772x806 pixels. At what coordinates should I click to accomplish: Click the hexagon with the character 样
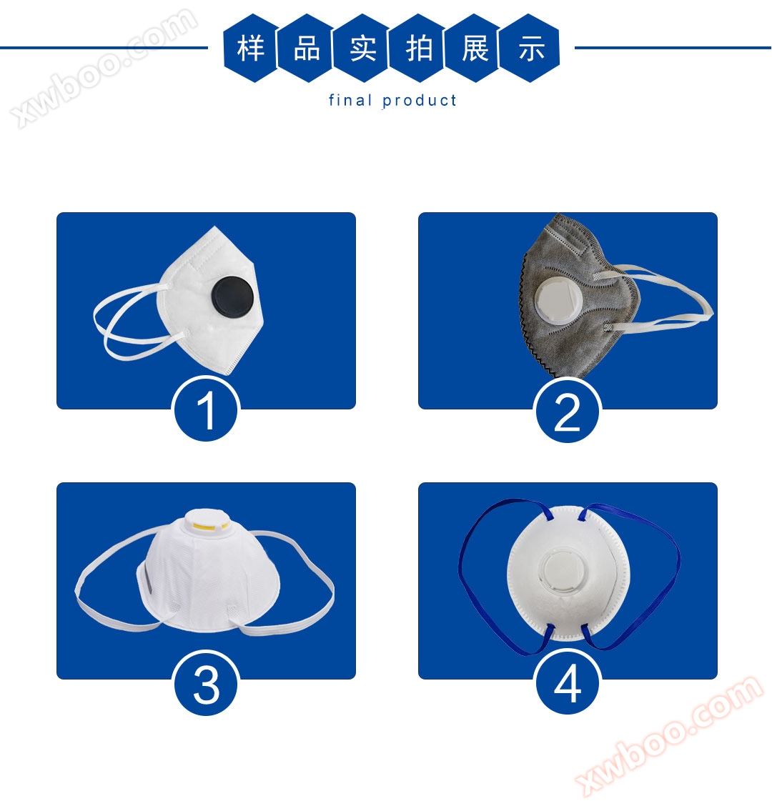[x=250, y=49]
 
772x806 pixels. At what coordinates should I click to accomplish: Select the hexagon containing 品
[x=307, y=49]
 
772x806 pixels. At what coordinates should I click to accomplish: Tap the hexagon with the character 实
[x=362, y=49]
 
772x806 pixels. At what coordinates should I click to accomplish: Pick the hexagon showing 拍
[x=419, y=49]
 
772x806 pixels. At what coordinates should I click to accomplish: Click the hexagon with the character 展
[x=475, y=49]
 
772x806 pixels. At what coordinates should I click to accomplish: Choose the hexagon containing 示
[x=531, y=49]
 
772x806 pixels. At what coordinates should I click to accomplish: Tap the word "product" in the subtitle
[x=419, y=101]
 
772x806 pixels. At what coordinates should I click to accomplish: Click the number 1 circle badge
[x=206, y=409]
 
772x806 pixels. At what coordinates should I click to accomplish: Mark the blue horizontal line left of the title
[x=104, y=48]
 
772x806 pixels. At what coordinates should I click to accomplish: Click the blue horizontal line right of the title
[x=673, y=48]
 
